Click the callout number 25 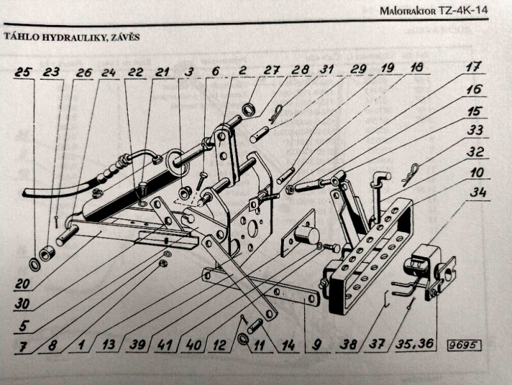coord(23,74)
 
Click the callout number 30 coord(23,304)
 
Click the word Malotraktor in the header coord(407,11)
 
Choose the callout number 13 coord(109,345)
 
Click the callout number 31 coord(329,69)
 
